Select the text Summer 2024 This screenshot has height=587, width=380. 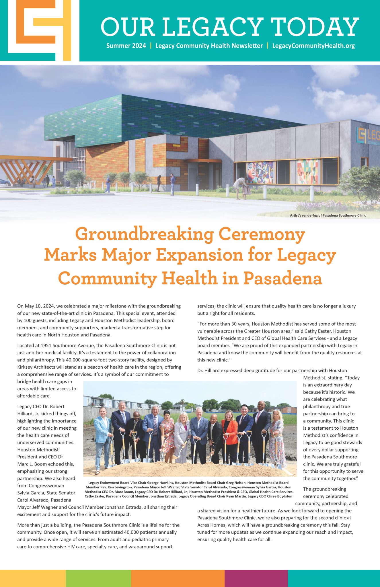click(126, 46)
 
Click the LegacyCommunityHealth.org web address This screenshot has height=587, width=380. click(313, 46)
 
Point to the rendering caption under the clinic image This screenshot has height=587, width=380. click(328, 215)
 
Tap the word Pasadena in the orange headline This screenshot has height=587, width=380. click(282, 278)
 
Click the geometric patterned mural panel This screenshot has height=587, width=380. click(307, 172)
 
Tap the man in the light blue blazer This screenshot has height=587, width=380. click(102, 433)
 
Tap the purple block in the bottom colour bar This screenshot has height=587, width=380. click(256, 578)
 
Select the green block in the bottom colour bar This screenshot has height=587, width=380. click(98, 578)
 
